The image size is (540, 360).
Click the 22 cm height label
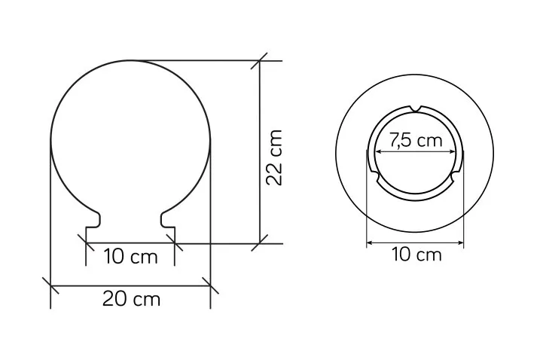pyautogui.click(x=276, y=157)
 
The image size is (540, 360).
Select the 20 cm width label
pyautogui.click(x=131, y=299)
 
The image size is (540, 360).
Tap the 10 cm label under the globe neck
pyautogui.click(x=131, y=257)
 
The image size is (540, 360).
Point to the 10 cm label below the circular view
pyautogui.click(x=416, y=255)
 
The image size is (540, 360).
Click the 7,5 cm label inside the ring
pyautogui.click(x=416, y=140)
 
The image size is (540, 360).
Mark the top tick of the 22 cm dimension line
pyautogui.click(x=261, y=60)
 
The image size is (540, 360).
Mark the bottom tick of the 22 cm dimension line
pyautogui.click(x=261, y=243)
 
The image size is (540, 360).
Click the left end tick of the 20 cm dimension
pyautogui.click(x=50, y=285)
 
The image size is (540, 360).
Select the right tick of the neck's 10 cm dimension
pyautogui.click(x=175, y=243)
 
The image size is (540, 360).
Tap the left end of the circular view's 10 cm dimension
pyautogui.click(x=367, y=243)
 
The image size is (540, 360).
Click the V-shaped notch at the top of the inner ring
pyautogui.click(x=416, y=107)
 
